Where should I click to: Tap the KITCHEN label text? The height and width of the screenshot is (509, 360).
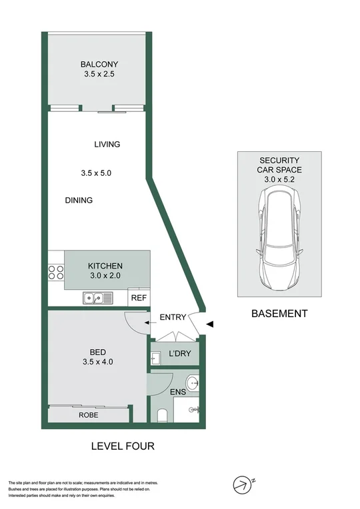click(105, 266)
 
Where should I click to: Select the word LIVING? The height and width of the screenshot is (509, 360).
click(107, 144)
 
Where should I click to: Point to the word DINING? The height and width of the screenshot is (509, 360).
click(79, 201)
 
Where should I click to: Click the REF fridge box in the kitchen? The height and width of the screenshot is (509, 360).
click(138, 298)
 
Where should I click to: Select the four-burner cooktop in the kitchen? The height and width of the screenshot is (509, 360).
click(55, 271)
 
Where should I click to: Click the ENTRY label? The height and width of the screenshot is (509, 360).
click(173, 317)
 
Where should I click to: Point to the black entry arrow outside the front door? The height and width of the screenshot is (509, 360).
click(211, 324)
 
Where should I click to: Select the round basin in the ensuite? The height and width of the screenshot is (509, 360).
click(192, 382)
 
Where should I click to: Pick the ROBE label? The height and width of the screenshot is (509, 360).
click(89, 415)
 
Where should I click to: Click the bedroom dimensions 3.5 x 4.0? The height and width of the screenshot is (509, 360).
click(97, 363)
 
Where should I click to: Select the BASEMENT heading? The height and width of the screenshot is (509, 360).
click(279, 313)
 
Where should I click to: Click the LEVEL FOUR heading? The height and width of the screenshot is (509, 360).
click(123, 446)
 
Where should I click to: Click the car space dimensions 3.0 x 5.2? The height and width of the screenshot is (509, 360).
click(279, 179)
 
